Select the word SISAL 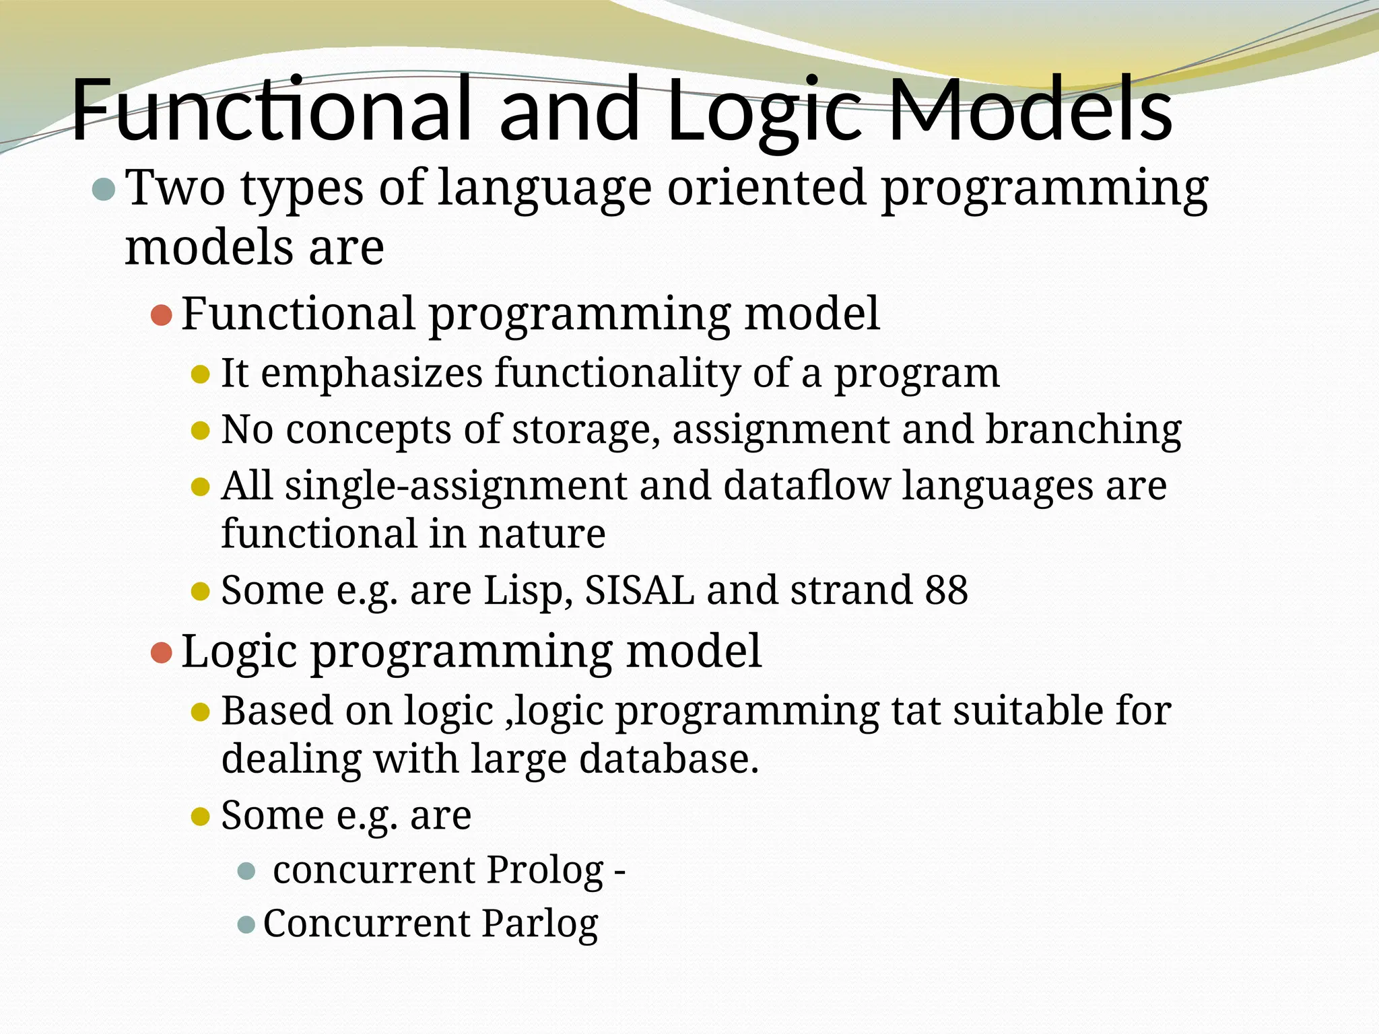pos(639,591)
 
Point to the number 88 pos(946,591)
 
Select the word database pos(668,759)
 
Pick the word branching pos(1083,431)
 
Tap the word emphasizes pos(372,374)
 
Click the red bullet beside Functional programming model pos(162,315)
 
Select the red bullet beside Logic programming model pos(162,652)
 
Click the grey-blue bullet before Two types pos(103,190)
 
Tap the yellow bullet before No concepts pos(201,430)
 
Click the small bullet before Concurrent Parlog pos(246,924)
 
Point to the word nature pos(541,535)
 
